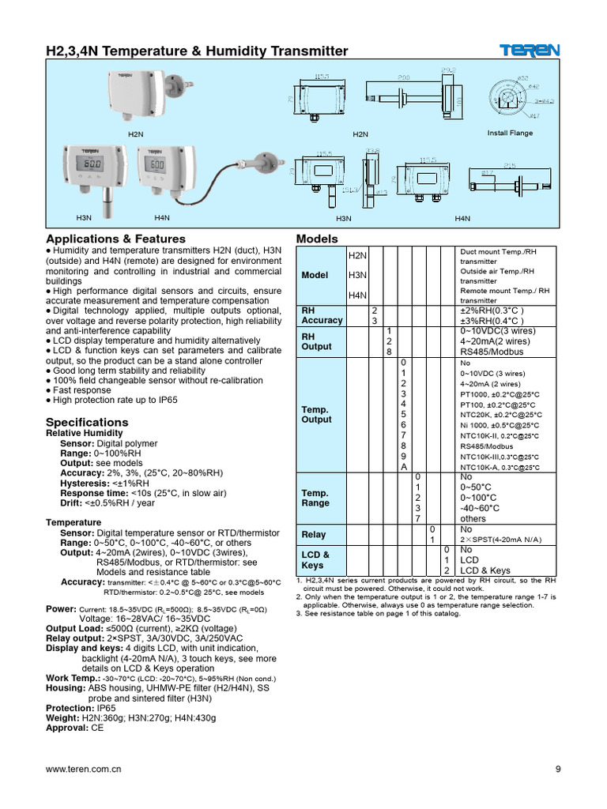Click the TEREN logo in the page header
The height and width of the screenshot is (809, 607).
pos(530,51)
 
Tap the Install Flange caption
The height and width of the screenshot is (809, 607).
pos(510,133)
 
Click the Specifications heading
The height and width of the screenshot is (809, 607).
pos(87,422)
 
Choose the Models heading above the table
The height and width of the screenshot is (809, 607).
pos(316,239)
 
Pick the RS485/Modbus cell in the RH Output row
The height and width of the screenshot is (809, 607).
pos(492,352)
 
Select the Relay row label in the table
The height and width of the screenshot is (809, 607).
pos(314,535)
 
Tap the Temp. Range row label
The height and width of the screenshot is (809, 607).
pos(315,498)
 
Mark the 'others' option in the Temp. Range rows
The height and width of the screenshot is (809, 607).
pos(473,519)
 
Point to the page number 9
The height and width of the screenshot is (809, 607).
pos(557,769)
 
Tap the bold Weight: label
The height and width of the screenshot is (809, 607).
pos(64,718)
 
